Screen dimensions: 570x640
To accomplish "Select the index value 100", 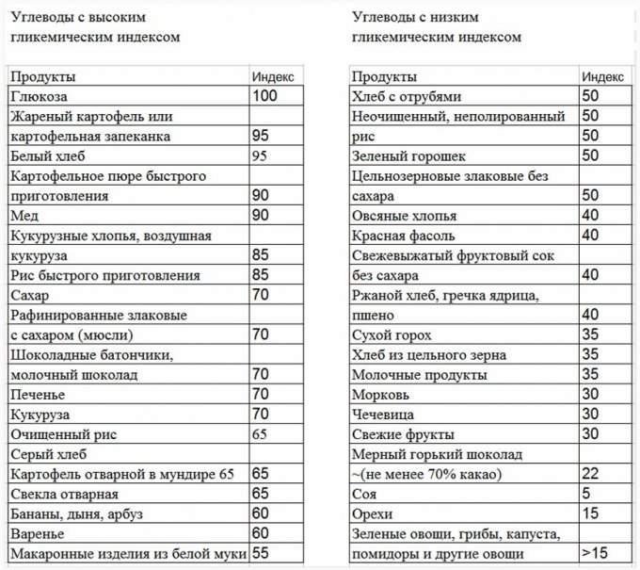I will click(265, 96).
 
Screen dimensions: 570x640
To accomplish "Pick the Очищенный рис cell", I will click(56, 434).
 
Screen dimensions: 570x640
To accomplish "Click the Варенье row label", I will click(37, 533).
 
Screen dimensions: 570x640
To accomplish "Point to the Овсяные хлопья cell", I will click(400, 215).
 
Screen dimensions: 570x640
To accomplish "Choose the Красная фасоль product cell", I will click(403, 236).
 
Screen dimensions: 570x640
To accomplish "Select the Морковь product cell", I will click(380, 394).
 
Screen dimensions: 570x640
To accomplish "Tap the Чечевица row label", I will click(385, 414).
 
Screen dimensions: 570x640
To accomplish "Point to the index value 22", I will click(590, 473).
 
